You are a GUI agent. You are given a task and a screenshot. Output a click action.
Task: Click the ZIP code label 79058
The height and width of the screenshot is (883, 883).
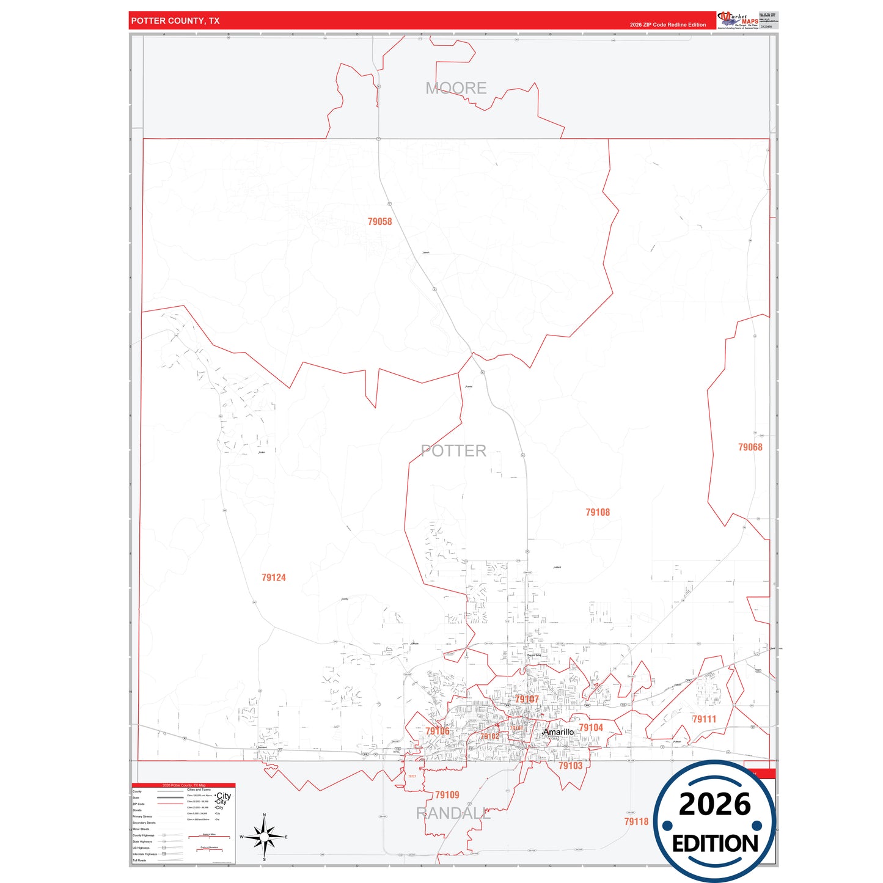[379, 221]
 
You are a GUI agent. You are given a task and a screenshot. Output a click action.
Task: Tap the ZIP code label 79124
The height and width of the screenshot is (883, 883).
[273, 577]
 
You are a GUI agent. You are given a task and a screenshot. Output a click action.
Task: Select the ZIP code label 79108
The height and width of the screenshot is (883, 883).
[597, 512]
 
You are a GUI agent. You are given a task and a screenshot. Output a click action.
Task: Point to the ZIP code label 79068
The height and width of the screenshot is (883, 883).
[750, 447]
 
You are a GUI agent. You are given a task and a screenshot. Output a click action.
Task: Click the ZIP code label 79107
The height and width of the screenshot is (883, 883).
[526, 699]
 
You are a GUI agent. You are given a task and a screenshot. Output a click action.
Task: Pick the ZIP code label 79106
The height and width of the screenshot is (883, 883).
[437, 731]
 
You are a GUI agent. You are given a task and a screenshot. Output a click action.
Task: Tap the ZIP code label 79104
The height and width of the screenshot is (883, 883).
[590, 727]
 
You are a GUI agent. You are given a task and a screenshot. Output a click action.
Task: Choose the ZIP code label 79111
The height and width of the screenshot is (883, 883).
[703, 719]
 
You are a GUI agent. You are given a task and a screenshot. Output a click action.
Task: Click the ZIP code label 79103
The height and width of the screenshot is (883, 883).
[570, 766]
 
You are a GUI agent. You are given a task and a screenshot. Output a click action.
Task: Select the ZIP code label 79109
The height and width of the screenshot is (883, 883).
[447, 795]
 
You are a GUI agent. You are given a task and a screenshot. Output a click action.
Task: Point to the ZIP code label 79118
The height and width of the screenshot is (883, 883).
[636, 821]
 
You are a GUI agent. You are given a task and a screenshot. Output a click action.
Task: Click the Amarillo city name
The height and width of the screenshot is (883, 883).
[559, 732]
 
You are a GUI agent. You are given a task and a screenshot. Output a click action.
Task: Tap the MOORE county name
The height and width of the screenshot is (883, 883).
[456, 88]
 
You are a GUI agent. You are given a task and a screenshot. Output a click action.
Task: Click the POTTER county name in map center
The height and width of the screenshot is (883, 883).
[453, 451]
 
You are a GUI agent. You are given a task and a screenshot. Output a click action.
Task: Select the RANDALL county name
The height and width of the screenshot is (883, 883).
[453, 813]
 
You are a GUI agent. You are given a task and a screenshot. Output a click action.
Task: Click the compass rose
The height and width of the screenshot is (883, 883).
[264, 837]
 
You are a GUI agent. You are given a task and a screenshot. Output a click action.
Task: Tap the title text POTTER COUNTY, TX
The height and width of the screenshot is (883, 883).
[175, 21]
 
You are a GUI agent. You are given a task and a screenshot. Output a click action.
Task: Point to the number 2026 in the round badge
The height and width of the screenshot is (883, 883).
[714, 804]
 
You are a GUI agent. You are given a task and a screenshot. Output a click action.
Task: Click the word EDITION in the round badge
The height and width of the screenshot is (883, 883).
[715, 844]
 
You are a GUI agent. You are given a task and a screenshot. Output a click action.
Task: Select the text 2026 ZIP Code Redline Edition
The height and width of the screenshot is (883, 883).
[667, 25]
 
